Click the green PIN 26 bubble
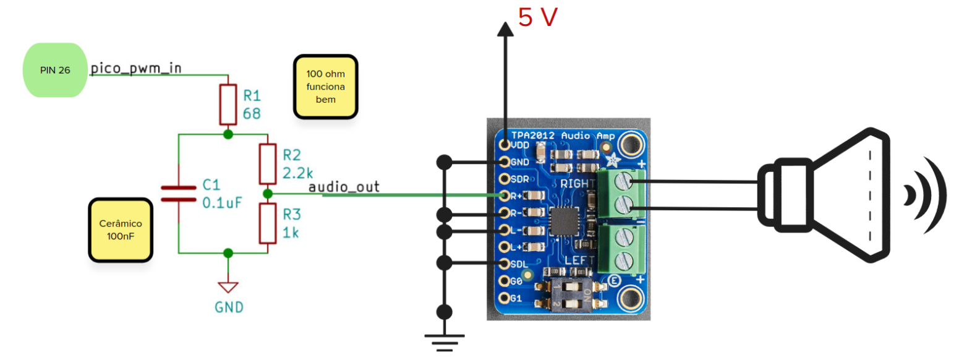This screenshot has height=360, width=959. [x=55, y=70]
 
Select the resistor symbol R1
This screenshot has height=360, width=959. [x=228, y=105]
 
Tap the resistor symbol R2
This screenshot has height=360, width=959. [x=267, y=163]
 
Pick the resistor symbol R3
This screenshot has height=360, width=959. [x=267, y=223]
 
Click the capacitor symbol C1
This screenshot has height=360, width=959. [x=178, y=192]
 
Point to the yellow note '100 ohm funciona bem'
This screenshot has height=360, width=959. [x=325, y=87]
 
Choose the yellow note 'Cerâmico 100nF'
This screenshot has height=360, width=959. [x=120, y=229]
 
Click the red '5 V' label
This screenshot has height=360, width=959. [x=538, y=18]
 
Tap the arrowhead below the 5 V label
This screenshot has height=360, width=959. [x=506, y=28]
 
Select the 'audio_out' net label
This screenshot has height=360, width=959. [x=344, y=186]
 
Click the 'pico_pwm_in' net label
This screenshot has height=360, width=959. [x=136, y=68]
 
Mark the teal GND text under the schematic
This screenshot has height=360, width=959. [x=229, y=307]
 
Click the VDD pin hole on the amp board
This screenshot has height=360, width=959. [x=504, y=145]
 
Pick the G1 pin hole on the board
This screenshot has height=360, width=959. [x=504, y=299]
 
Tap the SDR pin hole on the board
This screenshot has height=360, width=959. [x=504, y=179]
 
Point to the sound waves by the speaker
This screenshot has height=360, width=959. [x=924, y=195]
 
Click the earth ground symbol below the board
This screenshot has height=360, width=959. [x=444, y=341]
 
